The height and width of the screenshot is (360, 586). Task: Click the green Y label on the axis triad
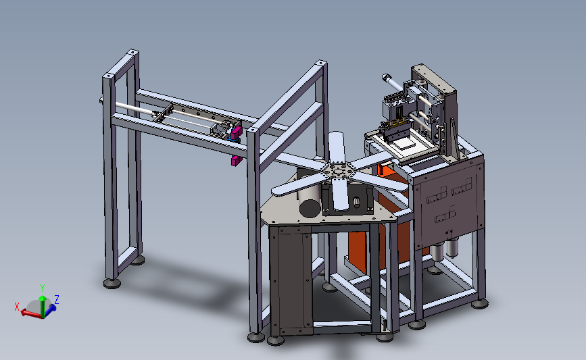pyautogui.click(x=43, y=288)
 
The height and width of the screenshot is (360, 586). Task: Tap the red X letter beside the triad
pyautogui.click(x=17, y=307)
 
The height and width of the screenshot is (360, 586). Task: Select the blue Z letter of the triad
pyautogui.click(x=57, y=299)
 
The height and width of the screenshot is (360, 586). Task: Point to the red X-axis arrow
pyautogui.click(x=31, y=313)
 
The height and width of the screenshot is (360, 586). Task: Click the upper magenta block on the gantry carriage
pyautogui.click(x=236, y=132)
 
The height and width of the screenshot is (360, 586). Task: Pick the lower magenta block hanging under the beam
pyautogui.click(x=236, y=161)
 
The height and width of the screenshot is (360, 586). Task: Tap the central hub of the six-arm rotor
pyautogui.click(x=338, y=172)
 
